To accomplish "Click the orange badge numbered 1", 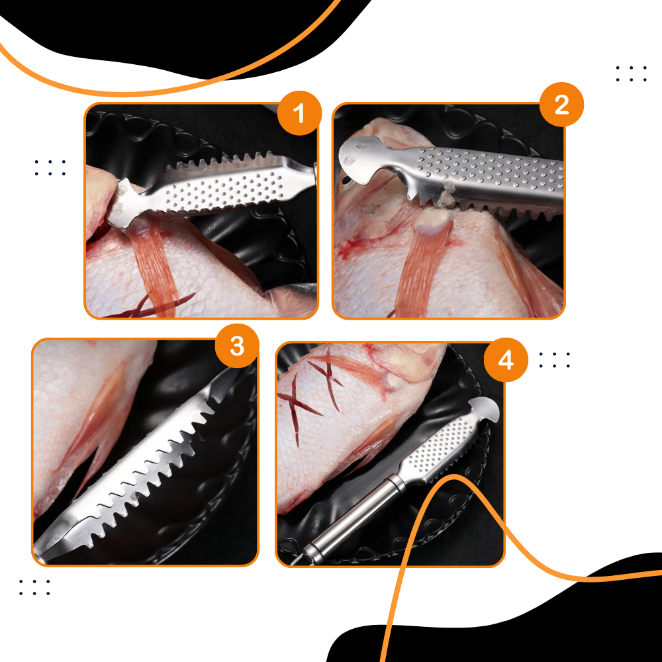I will (299, 113).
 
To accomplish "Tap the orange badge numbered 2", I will (561, 104).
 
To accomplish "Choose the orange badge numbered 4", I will (506, 360).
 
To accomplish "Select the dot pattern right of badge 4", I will (554, 359).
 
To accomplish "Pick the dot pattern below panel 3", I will (34, 587).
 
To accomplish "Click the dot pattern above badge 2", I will (631, 73).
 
